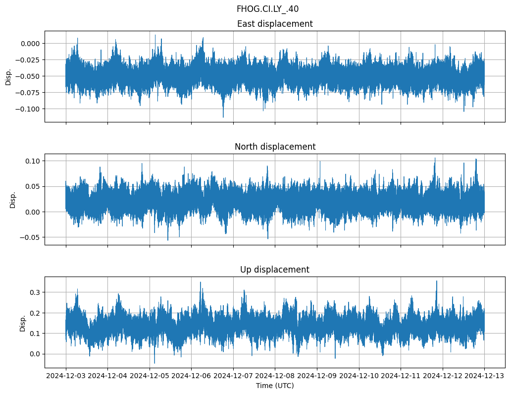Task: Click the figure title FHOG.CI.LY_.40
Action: (x=267, y=9)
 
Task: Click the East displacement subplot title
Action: (x=275, y=24)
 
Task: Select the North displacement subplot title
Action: (x=275, y=147)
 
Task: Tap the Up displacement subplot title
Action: (x=275, y=270)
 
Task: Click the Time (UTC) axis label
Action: (x=275, y=386)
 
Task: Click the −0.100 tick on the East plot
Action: (x=29, y=109)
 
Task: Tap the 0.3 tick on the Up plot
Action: (x=35, y=292)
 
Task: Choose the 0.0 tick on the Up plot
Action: (x=35, y=354)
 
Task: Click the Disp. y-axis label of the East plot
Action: (x=8, y=76)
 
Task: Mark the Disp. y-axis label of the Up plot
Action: (x=23, y=322)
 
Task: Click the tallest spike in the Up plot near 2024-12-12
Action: (x=436, y=281)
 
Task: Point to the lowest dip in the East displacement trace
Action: (x=223, y=117)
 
